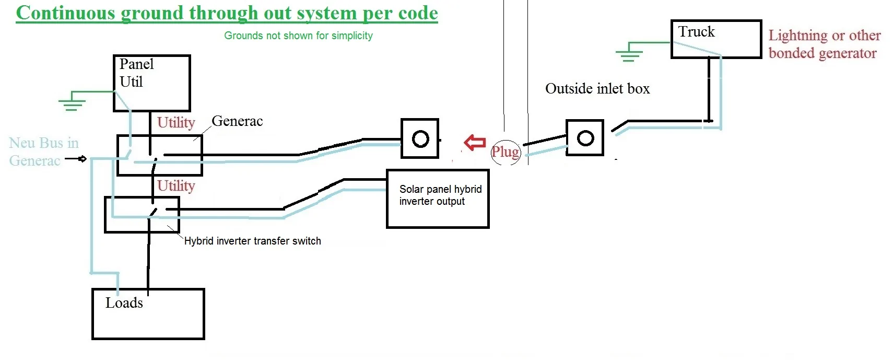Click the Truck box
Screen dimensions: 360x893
715,39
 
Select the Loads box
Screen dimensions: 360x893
148,314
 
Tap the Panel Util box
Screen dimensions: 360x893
151,83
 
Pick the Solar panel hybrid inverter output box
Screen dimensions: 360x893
438,199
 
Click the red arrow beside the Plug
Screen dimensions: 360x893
475,142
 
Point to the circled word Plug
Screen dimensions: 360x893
506,152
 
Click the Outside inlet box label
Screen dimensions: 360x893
597,89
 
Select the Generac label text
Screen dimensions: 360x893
237,121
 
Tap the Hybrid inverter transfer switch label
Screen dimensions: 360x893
252,241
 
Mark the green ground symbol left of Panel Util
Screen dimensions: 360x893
72,102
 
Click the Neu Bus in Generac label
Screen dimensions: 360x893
43,152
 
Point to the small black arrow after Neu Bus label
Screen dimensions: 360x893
77,159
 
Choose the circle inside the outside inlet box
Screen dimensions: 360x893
585,138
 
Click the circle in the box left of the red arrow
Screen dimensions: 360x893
420,138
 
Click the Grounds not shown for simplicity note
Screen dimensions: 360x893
298,36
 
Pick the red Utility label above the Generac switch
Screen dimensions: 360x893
176,123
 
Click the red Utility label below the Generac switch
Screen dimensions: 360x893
176,186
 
